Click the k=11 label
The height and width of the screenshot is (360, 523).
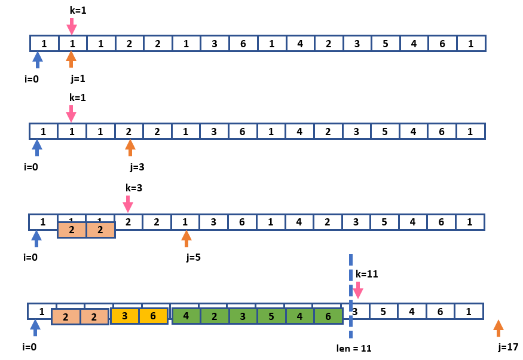367,274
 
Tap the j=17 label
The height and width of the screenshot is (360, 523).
507,347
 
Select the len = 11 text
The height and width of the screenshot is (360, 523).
354,348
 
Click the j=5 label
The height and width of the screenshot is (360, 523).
194,258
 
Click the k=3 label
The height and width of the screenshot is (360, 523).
134,188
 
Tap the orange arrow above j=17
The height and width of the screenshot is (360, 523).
498,328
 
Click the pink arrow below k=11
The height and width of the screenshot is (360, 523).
357,290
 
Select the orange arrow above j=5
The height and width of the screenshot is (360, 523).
186,239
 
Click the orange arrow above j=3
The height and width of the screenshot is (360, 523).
130,148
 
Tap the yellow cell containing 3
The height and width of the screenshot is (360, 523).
125,316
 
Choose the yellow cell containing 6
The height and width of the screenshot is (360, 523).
153,316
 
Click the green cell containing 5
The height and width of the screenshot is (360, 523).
271,316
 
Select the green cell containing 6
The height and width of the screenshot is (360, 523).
328,316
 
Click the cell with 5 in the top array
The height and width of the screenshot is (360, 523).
386,43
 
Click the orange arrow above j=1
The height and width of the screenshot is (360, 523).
71,59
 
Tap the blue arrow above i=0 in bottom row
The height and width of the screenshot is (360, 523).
35,328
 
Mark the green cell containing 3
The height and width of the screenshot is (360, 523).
243,316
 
